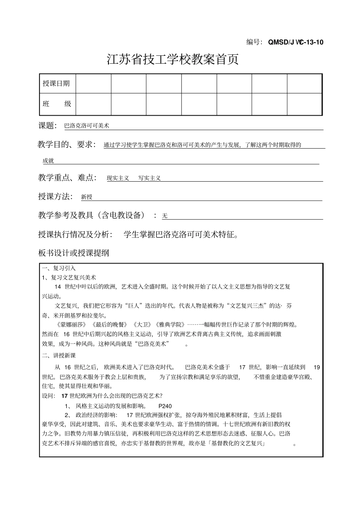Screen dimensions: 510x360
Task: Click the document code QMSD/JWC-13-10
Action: coord(296,42)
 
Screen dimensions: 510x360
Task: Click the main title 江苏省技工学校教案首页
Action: coord(173,60)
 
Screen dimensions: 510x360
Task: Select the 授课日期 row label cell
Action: coord(56,83)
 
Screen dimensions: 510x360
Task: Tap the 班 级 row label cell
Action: coord(57,104)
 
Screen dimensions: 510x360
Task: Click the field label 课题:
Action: coord(47,126)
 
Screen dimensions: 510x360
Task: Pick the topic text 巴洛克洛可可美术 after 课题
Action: coord(86,126)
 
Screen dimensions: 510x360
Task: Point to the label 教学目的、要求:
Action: coord(67,144)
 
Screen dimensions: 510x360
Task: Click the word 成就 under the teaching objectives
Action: coord(48,161)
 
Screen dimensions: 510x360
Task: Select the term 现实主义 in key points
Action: coord(117,178)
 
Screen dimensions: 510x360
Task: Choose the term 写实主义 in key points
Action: coord(149,178)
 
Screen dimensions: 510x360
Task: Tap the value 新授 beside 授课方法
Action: coord(87,197)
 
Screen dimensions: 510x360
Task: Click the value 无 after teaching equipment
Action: coord(164,216)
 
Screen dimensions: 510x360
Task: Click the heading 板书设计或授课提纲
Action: coord(74,253)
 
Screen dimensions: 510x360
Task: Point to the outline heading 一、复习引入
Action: coord(59,268)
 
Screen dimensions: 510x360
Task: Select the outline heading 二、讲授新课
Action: coord(59,355)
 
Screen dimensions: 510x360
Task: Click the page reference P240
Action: coord(165,406)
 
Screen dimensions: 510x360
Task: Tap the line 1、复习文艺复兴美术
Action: coord(69,277)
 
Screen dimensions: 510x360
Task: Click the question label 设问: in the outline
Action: coord(48,396)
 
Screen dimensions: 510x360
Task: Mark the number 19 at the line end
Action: coord(317,367)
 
